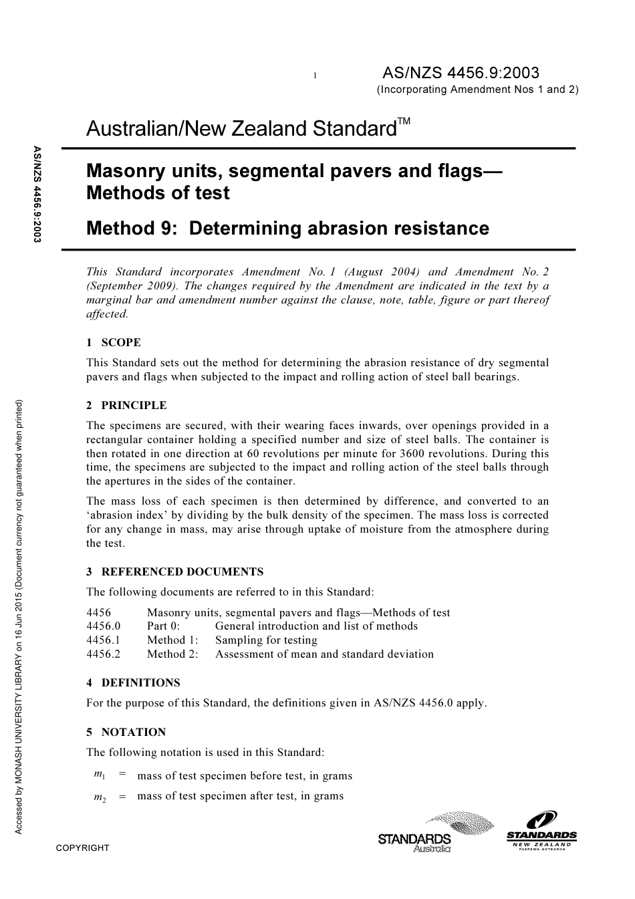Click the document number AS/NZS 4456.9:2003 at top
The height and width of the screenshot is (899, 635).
(460, 73)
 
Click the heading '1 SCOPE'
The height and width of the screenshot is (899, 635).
(114, 343)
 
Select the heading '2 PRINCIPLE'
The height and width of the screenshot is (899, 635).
(126, 406)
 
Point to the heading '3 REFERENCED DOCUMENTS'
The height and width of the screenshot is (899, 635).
(174, 572)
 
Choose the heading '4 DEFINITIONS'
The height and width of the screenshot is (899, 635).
(133, 683)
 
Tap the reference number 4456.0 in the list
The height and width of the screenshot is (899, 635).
(104, 626)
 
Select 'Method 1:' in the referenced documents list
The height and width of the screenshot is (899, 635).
(172, 640)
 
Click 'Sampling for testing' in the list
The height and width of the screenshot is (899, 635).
(266, 640)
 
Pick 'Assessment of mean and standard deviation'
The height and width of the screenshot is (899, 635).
(324, 654)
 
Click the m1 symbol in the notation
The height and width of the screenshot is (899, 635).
(100, 775)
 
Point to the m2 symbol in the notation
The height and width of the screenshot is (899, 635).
(100, 796)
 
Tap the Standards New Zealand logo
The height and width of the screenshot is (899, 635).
(541, 829)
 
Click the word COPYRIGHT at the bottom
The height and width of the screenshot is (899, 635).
(82, 848)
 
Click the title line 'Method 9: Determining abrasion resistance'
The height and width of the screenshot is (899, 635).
(287, 229)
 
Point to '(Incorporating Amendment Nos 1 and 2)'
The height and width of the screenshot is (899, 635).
(477, 90)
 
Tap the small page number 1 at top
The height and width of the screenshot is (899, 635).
(314, 76)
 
